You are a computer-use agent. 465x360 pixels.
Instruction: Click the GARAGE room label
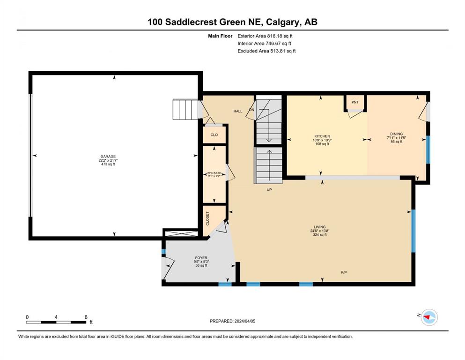pyautogui.click(x=108, y=157)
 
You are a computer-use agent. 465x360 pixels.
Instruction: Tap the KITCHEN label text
pyautogui.click(x=322, y=136)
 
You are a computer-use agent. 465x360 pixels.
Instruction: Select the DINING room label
pyautogui.click(x=397, y=134)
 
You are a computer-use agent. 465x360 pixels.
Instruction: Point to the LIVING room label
pyautogui.click(x=320, y=227)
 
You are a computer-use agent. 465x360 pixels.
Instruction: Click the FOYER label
pyautogui.click(x=201, y=258)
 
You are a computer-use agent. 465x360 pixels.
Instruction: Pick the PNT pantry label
pyautogui.click(x=355, y=102)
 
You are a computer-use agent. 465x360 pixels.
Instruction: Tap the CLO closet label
pyautogui.click(x=214, y=135)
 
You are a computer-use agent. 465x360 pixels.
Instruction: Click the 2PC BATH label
pyautogui.click(x=214, y=173)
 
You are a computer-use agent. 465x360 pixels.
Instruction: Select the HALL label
pyautogui.click(x=238, y=111)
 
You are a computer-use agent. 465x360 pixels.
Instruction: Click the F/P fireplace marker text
pyautogui.click(x=344, y=272)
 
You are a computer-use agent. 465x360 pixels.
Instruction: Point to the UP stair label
pyautogui.click(x=269, y=190)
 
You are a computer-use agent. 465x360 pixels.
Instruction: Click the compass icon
pyautogui.click(x=429, y=317)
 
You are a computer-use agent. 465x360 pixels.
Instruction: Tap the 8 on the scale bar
pyautogui.click(x=86, y=317)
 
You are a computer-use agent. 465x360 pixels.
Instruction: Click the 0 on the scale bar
pyautogui.click(x=27, y=317)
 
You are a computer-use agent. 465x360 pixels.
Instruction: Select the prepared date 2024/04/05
pyautogui.click(x=245, y=321)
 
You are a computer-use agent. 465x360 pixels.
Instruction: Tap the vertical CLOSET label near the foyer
pyautogui.click(x=207, y=218)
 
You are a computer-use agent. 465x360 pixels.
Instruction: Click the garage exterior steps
pyautogui.click(x=185, y=110)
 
